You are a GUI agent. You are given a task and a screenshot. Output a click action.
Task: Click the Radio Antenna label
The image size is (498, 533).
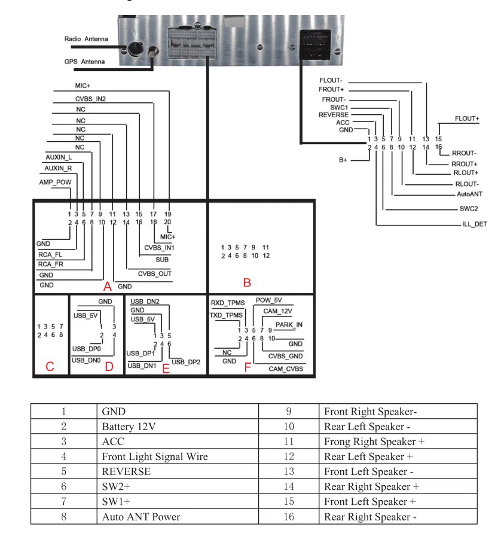(x=86, y=39)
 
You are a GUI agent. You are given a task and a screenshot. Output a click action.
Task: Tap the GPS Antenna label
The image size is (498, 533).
(x=84, y=62)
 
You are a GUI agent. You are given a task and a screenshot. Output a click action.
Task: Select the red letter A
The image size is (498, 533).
(x=108, y=286)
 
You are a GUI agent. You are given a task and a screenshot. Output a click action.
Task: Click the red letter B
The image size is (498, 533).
(x=247, y=282)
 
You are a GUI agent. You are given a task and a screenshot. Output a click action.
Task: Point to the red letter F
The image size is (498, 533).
(x=248, y=367)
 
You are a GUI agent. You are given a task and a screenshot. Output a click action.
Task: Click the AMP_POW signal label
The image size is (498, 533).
(x=55, y=182)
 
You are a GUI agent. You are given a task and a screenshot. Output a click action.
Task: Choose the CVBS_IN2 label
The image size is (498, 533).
(x=90, y=99)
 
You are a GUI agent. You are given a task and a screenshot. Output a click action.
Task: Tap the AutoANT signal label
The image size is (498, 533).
(x=469, y=194)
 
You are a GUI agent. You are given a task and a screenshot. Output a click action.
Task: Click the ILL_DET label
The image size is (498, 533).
(x=474, y=224)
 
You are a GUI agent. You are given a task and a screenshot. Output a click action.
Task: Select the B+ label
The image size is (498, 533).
(x=343, y=160)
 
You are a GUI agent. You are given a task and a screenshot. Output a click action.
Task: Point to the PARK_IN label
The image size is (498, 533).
(x=289, y=325)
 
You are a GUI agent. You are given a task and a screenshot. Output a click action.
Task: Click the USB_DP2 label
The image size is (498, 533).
(x=186, y=362)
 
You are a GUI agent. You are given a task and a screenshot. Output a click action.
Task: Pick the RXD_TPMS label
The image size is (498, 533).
(x=228, y=303)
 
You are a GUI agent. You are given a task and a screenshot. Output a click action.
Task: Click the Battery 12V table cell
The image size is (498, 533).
(x=129, y=427)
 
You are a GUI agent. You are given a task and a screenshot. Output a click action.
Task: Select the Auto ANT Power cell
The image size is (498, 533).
(x=141, y=517)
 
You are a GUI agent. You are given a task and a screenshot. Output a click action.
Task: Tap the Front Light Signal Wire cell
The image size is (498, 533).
(x=155, y=456)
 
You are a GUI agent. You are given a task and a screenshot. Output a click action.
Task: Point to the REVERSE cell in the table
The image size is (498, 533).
(x=126, y=471)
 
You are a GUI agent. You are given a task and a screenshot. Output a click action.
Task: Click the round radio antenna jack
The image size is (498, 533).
(x=136, y=48)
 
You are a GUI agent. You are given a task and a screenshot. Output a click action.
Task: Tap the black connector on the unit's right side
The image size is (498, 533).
(x=315, y=44)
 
